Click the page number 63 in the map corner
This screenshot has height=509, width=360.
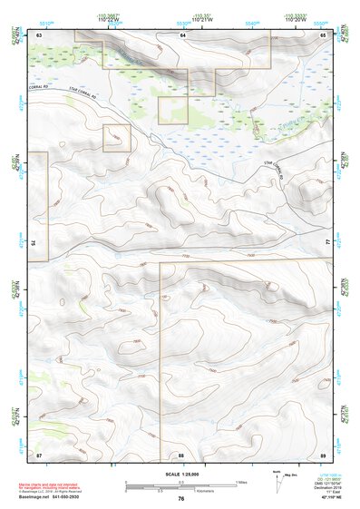pyautogui.click(x=39, y=34)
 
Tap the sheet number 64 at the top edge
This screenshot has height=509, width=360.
pyautogui.click(x=182, y=34)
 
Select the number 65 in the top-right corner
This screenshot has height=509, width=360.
pyautogui.click(x=324, y=34)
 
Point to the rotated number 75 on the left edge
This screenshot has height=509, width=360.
pyautogui.click(x=33, y=243)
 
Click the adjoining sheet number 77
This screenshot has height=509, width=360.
pyautogui.click(x=328, y=243)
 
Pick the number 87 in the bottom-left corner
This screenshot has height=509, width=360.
pyautogui.click(x=39, y=454)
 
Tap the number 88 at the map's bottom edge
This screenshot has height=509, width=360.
pyautogui.click(x=181, y=454)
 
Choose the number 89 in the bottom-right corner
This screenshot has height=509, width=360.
pyautogui.click(x=324, y=454)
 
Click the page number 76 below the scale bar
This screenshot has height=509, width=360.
pyautogui.click(x=181, y=499)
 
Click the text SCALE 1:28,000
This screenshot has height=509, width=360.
pyautogui.click(x=180, y=474)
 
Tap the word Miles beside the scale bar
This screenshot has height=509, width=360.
pyautogui.click(x=242, y=482)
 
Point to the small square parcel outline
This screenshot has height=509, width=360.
pyautogui.click(x=116, y=139)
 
